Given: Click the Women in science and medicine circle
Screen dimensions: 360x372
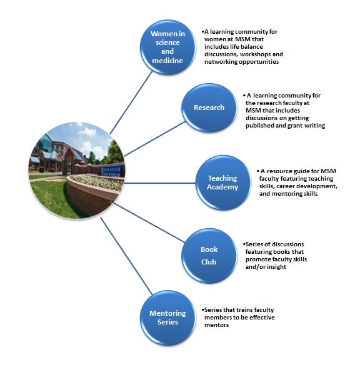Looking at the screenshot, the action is [x=168, y=47].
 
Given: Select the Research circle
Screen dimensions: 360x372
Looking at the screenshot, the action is [x=209, y=108].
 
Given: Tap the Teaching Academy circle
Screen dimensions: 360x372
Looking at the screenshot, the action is [x=223, y=183].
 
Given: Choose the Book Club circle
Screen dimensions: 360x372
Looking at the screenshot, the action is [x=209, y=256].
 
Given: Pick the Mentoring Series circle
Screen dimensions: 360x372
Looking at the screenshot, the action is [x=168, y=318].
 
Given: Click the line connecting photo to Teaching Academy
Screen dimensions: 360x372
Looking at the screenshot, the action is [x=160, y=183].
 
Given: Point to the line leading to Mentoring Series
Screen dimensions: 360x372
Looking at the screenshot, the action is [x=126, y=256].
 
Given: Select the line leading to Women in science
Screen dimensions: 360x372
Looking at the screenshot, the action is [x=131, y=103].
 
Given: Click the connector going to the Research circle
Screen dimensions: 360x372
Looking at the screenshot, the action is [x=155, y=139].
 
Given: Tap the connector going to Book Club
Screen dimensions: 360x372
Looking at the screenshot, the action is [x=149, y=223].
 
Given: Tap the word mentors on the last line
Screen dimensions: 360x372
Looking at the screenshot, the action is [x=216, y=324].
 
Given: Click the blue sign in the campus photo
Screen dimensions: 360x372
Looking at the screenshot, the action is [x=112, y=171].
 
